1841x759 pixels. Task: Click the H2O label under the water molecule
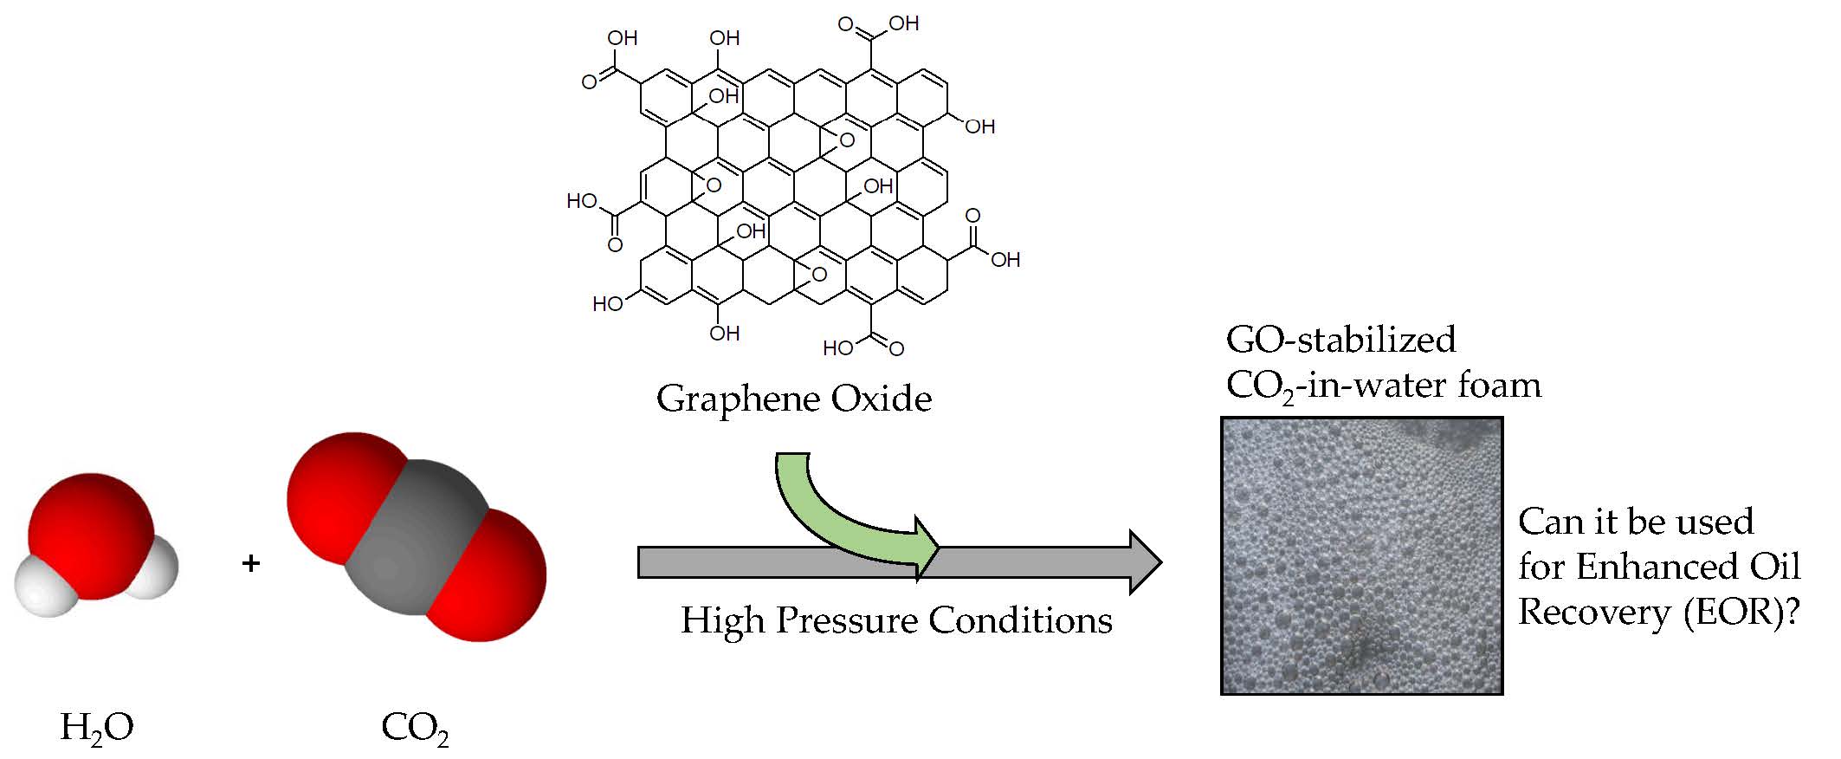[96, 728]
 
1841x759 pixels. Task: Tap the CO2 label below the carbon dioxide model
[415, 729]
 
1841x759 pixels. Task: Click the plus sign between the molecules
[251, 564]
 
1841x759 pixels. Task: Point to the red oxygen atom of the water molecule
[90, 535]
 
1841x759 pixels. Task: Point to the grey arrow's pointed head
[1143, 562]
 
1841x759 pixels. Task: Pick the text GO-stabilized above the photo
[1340, 340]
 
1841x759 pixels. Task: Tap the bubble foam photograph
[1361, 556]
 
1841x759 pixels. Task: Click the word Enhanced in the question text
[1644, 568]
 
